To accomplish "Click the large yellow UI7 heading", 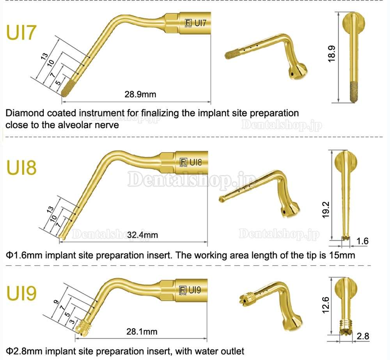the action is click(21, 32).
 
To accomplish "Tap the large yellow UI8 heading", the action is click(21, 167).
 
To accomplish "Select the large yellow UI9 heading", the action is click(21, 293).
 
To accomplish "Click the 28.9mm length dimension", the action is click(140, 94).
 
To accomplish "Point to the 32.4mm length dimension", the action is click(142, 235).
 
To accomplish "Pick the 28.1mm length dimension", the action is click(142, 331).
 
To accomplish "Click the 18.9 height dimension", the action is click(332, 53).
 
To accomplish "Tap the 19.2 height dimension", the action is click(326, 210).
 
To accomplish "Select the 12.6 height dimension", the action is click(325, 305).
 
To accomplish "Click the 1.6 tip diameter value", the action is click(362, 241).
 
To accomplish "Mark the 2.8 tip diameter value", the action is click(363, 336).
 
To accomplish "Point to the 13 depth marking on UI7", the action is click(44, 56).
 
